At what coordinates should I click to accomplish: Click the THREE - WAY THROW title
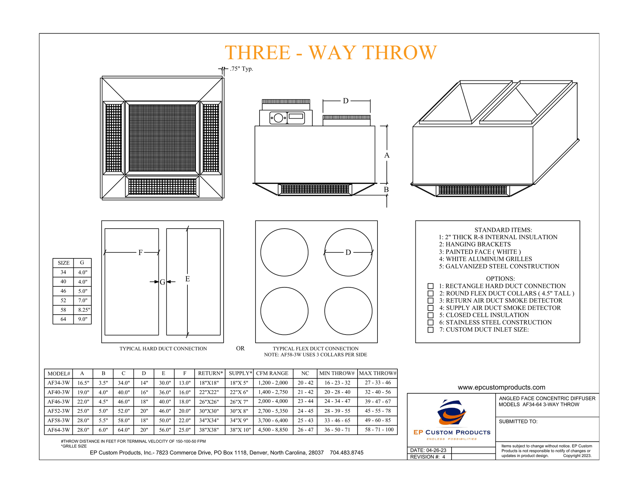(331, 52)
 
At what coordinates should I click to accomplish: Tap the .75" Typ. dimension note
(241, 69)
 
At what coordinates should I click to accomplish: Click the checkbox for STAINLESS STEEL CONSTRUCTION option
(430, 323)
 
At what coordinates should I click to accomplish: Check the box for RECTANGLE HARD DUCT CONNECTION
(430, 286)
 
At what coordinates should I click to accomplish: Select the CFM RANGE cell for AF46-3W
(272, 401)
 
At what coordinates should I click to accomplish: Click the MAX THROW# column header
(377, 373)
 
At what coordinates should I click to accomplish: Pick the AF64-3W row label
(58, 430)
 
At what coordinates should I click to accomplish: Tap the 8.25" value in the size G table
(82, 310)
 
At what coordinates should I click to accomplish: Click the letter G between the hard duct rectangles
(162, 282)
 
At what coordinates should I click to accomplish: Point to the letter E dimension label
(187, 279)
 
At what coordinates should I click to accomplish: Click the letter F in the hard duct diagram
(140, 252)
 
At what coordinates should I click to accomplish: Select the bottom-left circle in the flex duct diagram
(284, 311)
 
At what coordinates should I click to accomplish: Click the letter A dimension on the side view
(386, 155)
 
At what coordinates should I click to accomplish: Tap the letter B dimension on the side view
(386, 189)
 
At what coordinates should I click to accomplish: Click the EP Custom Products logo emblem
(452, 413)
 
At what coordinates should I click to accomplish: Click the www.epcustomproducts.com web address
(501, 387)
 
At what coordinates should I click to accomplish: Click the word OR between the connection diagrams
(240, 348)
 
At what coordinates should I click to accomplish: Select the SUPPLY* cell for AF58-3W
(239, 420)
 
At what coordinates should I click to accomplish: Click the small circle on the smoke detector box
(272, 118)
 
